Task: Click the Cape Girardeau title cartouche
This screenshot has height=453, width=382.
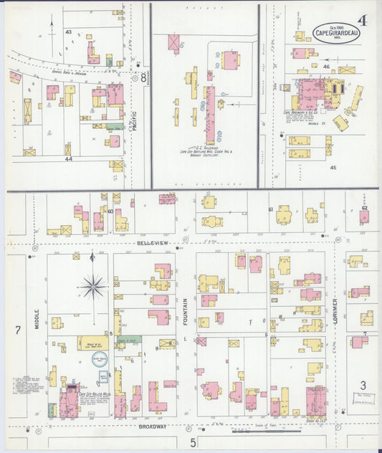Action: pyautogui.click(x=335, y=31)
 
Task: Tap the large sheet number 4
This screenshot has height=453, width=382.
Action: pyautogui.click(x=363, y=20)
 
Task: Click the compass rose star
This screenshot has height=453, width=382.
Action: pyautogui.click(x=92, y=287)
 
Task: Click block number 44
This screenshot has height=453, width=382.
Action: pyautogui.click(x=68, y=158)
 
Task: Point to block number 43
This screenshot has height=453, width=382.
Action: pyautogui.click(x=69, y=32)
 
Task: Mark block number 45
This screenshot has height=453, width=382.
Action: pyautogui.click(x=333, y=167)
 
